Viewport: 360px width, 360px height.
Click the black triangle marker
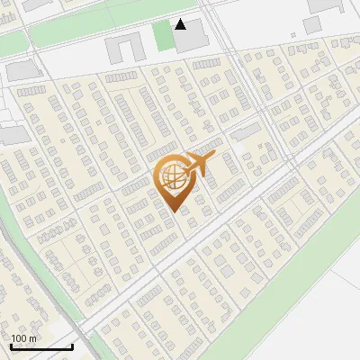(182, 24)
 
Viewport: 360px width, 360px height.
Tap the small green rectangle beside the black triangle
(162, 37)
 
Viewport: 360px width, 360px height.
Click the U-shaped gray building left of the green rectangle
(122, 49)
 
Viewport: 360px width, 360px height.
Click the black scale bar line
(41, 347)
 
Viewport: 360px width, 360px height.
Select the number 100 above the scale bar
(20, 339)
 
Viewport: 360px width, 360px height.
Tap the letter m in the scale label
(32, 339)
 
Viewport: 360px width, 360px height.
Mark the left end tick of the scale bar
(11, 346)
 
